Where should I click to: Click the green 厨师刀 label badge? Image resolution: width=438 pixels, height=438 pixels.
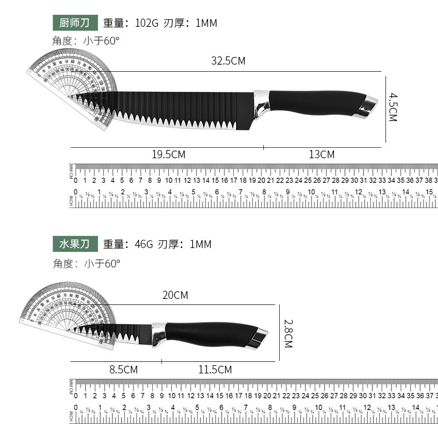[75, 23]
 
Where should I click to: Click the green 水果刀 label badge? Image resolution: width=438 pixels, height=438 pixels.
[75, 244]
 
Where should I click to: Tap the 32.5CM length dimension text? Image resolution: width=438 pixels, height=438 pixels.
[228, 61]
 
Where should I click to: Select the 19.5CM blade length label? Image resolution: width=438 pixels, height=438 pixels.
[169, 155]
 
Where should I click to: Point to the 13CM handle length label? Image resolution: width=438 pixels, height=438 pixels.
[321, 155]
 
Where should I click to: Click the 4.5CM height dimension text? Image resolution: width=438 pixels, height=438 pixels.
[392, 107]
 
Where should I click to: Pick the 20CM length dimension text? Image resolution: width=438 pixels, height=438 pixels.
[175, 296]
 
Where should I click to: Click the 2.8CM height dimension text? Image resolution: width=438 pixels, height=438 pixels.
[288, 334]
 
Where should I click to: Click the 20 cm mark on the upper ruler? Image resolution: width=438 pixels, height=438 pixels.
[262, 180]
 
